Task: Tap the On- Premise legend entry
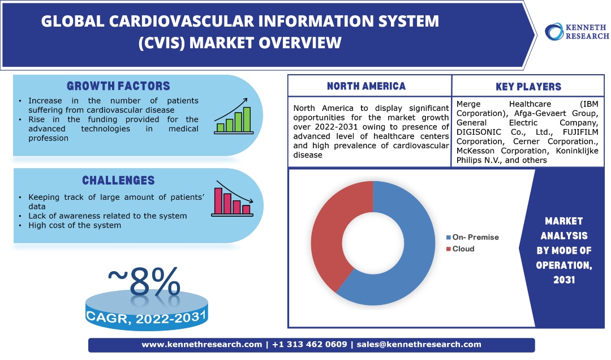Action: point(472,237)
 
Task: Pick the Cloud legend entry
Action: point(460,249)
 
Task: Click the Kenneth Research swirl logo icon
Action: point(554,32)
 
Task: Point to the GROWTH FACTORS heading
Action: point(118,86)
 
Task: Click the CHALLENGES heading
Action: point(118,180)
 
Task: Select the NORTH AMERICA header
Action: point(366,86)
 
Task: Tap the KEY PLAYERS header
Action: point(528,87)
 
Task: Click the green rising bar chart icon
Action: point(234,116)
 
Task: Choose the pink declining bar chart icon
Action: point(233,199)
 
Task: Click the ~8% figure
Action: point(144,281)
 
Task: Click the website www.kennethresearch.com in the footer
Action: point(202,344)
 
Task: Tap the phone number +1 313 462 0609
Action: point(309,344)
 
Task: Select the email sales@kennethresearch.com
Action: point(419,344)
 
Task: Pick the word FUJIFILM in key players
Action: point(580,132)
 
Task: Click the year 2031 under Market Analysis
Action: point(564,280)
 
